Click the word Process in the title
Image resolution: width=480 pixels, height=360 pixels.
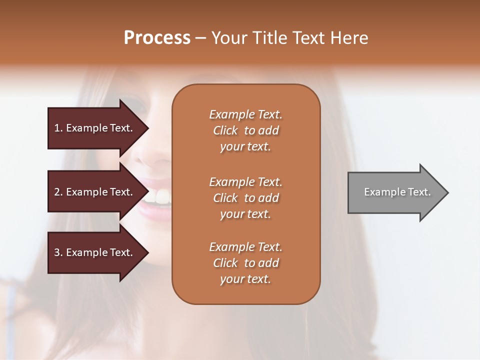tap(157, 38)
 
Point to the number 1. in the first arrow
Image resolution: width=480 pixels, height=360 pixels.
tap(58, 128)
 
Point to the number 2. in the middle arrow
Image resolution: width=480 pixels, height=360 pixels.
tap(58, 192)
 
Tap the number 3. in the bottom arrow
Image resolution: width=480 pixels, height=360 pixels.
tap(58, 252)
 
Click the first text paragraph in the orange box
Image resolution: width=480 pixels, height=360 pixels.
tap(245, 130)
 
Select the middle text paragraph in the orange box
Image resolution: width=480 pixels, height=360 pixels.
tap(245, 198)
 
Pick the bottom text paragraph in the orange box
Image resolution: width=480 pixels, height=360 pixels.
tap(245, 263)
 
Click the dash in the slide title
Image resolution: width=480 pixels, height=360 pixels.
tap(200, 38)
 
